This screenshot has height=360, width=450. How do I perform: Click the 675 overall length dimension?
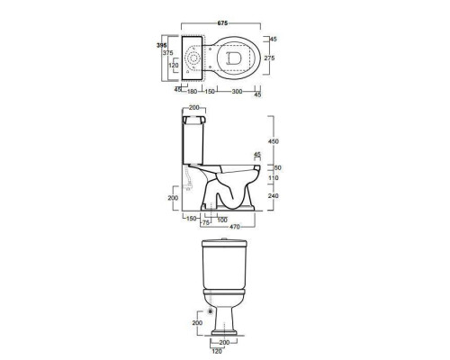tap(222, 23)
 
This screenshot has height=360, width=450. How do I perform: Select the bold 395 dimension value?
tap(162, 45)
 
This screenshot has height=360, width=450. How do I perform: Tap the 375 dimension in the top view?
tap(167, 53)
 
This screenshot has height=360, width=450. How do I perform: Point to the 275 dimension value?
tap(269, 58)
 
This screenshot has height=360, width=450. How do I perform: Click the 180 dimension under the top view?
tap(192, 91)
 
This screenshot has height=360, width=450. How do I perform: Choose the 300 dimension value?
tap(237, 92)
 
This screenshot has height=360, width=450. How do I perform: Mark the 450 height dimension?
tap(273, 141)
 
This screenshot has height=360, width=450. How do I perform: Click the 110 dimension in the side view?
tap(274, 178)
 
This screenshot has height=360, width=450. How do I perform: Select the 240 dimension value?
tap(273, 196)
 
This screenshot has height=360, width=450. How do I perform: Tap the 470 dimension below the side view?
tap(235, 227)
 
